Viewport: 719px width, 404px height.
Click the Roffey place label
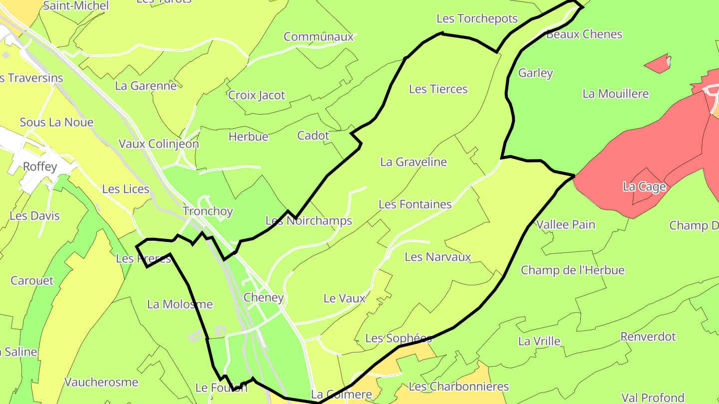[40, 167]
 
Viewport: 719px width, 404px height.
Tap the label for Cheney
[264, 298]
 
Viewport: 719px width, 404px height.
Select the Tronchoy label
[208, 211]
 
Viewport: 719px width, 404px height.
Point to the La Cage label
[644, 187]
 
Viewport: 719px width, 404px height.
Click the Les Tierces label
[438, 89]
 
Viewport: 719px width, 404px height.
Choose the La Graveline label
[413, 162]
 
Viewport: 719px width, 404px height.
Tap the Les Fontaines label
[415, 204]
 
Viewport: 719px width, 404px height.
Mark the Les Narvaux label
[438, 257]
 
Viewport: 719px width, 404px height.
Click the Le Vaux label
[345, 299]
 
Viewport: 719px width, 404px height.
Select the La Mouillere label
[616, 94]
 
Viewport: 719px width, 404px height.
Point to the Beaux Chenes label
[584, 34]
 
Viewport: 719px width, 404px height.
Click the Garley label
[535, 73]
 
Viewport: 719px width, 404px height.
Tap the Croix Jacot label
[257, 95]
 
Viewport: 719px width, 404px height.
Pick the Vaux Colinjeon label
[158, 144]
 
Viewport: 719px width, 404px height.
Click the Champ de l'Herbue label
[573, 270]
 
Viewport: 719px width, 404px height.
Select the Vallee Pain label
[566, 225]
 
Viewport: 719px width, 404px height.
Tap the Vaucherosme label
[101, 383]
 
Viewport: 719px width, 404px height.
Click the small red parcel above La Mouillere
[657, 64]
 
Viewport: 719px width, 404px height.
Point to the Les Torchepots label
[477, 19]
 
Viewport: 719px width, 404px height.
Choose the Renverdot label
[648, 337]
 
